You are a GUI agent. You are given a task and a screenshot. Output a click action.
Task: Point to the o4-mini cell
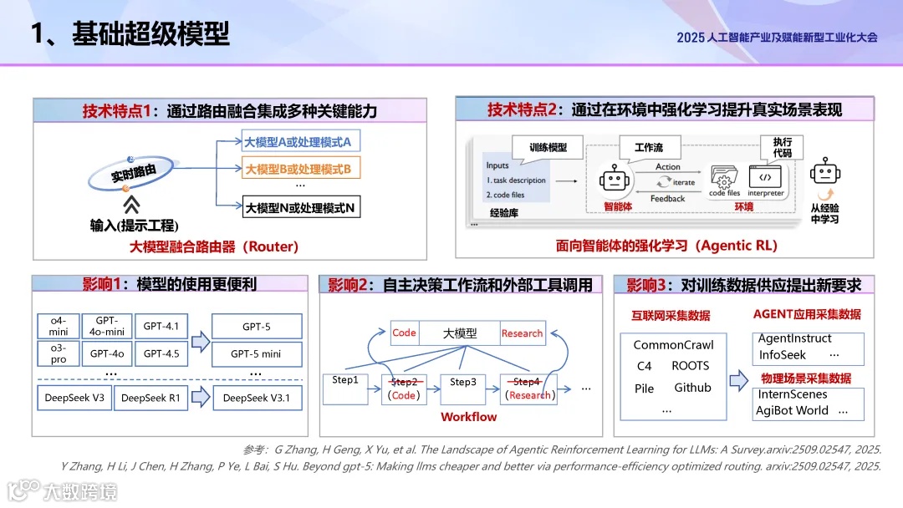(x=64, y=326)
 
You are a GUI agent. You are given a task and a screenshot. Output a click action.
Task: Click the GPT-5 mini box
(x=255, y=353)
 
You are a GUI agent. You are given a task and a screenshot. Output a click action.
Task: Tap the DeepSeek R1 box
(x=150, y=398)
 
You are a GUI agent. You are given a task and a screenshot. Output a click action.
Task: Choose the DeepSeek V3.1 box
(x=256, y=398)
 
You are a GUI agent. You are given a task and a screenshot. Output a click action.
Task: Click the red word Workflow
(x=468, y=417)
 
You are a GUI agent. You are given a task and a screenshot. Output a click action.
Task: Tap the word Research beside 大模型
(x=522, y=333)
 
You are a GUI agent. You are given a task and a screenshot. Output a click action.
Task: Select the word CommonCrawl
(x=673, y=345)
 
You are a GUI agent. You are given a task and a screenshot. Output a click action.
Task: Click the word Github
(x=692, y=388)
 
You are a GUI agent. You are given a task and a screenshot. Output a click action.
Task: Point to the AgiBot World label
(x=792, y=410)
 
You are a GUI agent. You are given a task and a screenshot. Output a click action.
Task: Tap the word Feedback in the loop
(x=667, y=199)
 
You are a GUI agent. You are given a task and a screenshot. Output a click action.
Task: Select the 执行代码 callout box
(x=782, y=148)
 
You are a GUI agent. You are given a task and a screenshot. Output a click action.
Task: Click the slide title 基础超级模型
(x=150, y=34)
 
